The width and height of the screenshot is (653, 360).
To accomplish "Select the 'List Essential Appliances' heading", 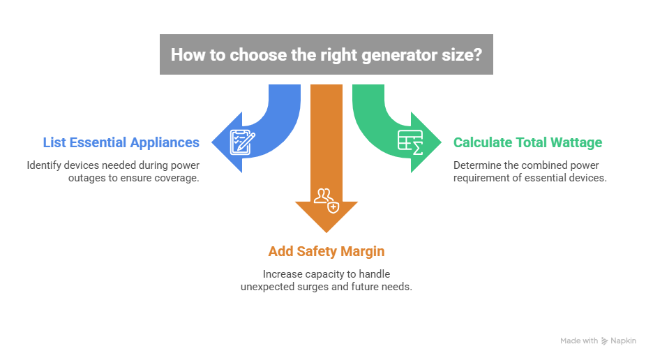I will coord(121,143).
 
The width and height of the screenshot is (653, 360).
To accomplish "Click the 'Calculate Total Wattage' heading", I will coord(527,143).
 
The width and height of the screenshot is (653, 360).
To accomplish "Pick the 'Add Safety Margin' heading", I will coord(326,250).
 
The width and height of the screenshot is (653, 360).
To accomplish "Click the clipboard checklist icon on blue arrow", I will coord(243,142).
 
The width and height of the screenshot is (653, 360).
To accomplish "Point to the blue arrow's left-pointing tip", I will coord(213,142).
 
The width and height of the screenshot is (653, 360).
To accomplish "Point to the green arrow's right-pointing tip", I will coord(440,142).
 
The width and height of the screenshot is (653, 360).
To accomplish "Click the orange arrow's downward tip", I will coord(326,232).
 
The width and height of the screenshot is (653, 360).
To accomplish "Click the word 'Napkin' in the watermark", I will coord(624,341).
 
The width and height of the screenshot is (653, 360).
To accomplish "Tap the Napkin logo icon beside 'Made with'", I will coord(604,341).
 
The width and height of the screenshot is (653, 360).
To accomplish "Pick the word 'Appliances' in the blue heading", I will coord(165,143).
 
